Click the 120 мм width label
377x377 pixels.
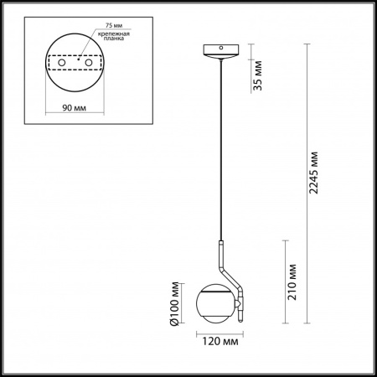click(217, 342)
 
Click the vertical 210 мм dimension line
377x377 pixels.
click(287, 281)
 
